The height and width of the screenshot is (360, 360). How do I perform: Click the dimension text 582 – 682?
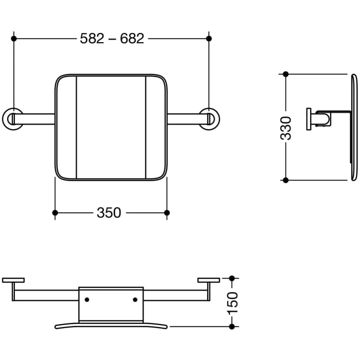(112, 39)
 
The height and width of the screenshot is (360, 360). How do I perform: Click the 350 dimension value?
(109, 212)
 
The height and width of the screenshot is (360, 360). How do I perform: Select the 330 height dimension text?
(286, 128)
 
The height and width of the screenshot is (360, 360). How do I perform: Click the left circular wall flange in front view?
(13, 118)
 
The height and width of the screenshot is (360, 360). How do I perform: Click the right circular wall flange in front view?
(209, 118)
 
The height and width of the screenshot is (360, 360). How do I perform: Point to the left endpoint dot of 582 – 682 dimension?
(14, 39)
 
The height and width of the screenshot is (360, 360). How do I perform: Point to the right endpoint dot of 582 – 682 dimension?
(208, 39)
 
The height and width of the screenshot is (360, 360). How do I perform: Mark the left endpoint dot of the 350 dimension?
(55, 212)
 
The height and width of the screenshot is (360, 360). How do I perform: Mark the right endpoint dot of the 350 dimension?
(167, 212)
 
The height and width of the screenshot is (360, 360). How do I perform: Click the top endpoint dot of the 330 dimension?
(286, 75)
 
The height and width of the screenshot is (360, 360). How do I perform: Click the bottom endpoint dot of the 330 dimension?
(286, 180)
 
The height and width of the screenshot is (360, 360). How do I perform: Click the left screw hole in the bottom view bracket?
(87, 299)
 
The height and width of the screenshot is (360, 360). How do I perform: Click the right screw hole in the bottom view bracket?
(135, 299)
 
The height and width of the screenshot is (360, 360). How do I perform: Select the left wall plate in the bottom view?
(13, 280)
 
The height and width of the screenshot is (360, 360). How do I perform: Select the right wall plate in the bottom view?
(208, 280)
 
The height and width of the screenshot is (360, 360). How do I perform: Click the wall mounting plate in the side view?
(309, 119)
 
